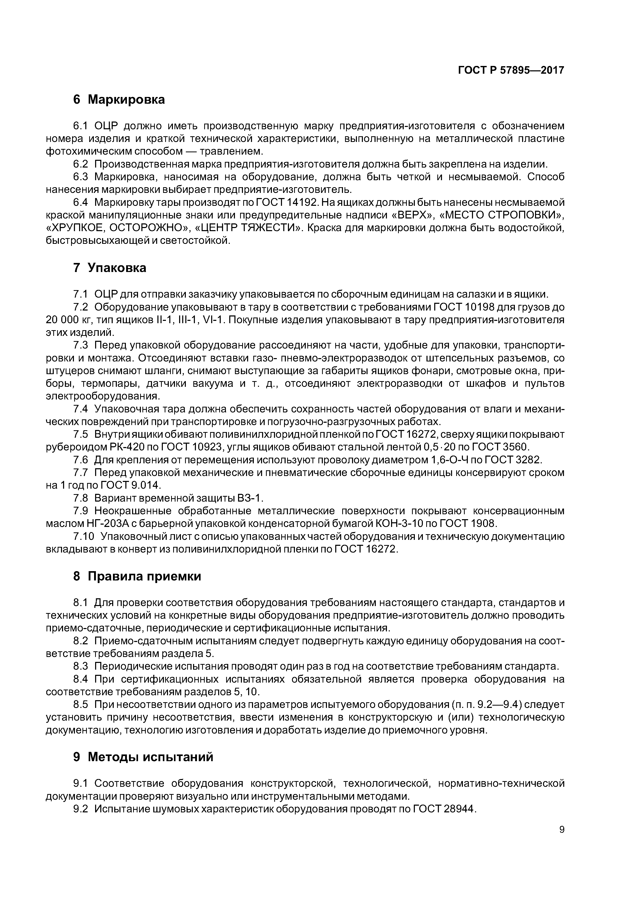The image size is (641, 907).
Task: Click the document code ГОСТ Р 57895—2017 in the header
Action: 511,70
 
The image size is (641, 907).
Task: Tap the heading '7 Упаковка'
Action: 109,268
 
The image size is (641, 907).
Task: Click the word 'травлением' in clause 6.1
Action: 231,151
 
